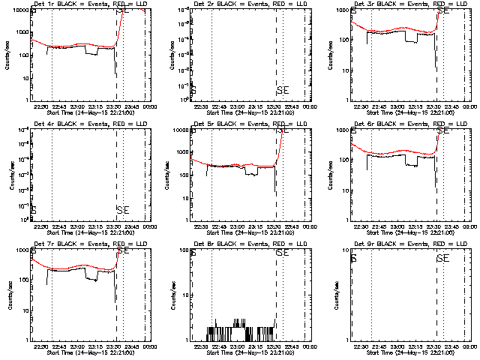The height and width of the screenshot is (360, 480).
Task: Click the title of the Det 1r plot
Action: pyautogui.click(x=89, y=4)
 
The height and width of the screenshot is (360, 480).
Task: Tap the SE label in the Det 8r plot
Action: pyautogui.click(x=283, y=253)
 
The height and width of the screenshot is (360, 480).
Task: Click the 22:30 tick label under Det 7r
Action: pyautogui.click(x=40, y=346)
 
